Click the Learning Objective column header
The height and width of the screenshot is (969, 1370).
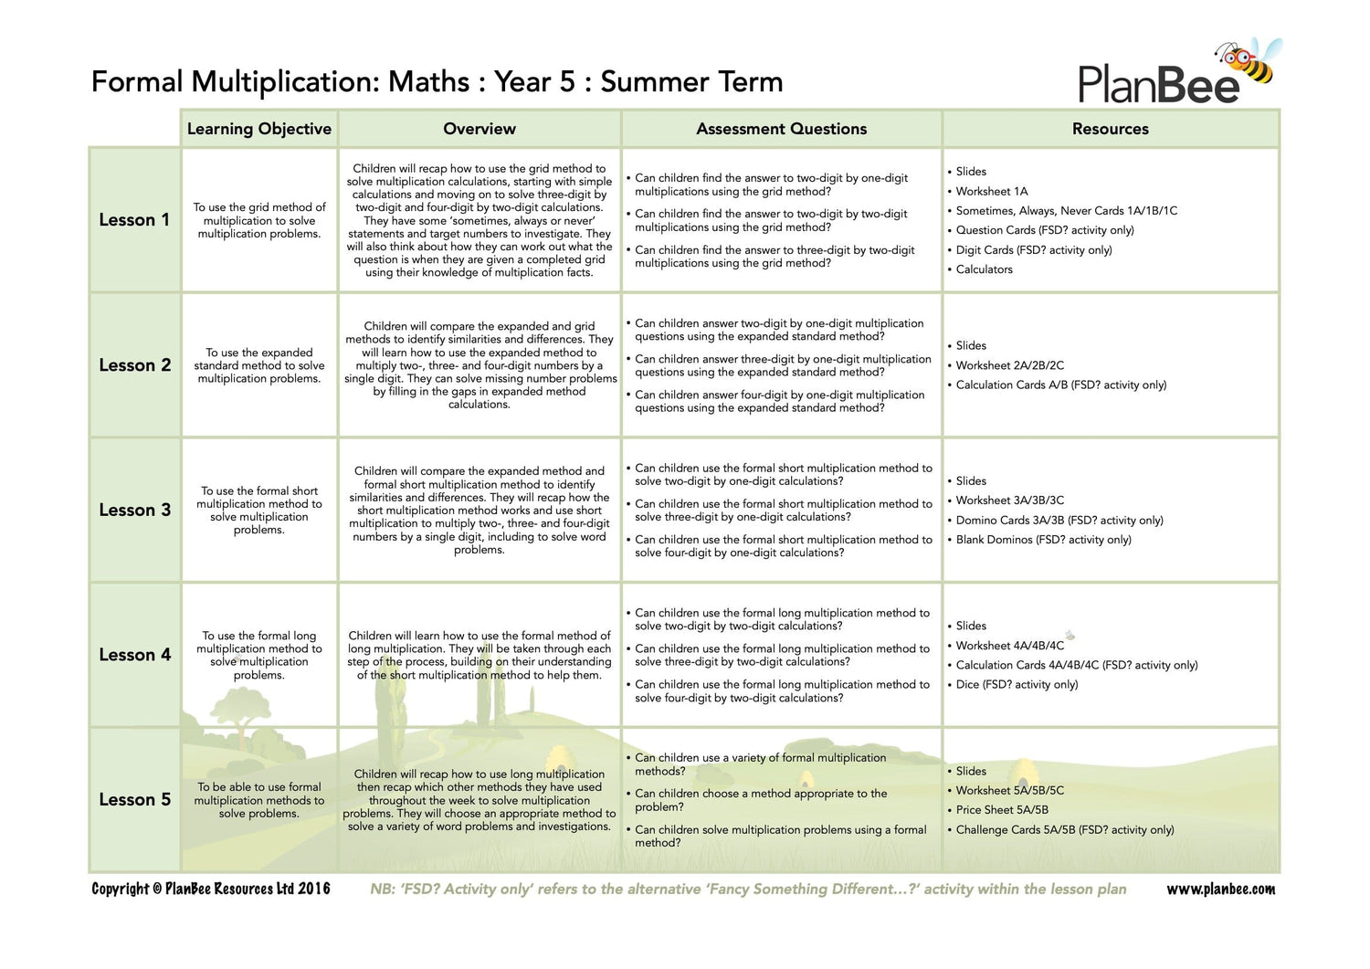pyautogui.click(x=259, y=129)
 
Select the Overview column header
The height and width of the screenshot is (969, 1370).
pyautogui.click(x=479, y=129)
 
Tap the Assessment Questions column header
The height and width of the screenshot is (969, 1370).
pyautogui.click(x=781, y=129)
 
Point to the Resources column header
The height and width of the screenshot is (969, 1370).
pyautogui.click(x=1110, y=129)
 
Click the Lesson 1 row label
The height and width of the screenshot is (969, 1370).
pyautogui.click(x=134, y=220)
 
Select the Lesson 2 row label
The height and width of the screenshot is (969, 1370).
pyautogui.click(x=134, y=365)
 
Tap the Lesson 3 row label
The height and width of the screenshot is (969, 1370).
pyautogui.click(x=134, y=511)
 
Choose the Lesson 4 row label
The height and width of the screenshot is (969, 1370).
pyautogui.click(x=134, y=655)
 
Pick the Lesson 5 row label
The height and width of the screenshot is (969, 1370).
pyautogui.click(x=134, y=800)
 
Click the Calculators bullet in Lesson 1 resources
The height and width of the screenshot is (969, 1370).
pyautogui.click(x=984, y=269)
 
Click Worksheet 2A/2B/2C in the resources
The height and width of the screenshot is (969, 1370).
pyautogui.click(x=1009, y=365)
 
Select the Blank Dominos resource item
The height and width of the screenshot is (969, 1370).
pyautogui.click(x=1043, y=540)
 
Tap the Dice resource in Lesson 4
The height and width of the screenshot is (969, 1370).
pyautogui.click(x=1017, y=685)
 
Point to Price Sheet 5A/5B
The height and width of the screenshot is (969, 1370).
pyautogui.click(x=1002, y=810)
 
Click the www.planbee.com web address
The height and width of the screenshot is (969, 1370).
pyautogui.click(x=1220, y=890)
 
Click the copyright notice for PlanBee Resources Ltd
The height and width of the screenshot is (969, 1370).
pyautogui.click(x=211, y=890)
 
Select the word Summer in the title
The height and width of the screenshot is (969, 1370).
pyautogui.click(x=643, y=82)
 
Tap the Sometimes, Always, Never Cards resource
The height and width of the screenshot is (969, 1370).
pyautogui.click(x=1066, y=211)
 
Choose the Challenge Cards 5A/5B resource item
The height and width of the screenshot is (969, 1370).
pyautogui.click(x=1064, y=830)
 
